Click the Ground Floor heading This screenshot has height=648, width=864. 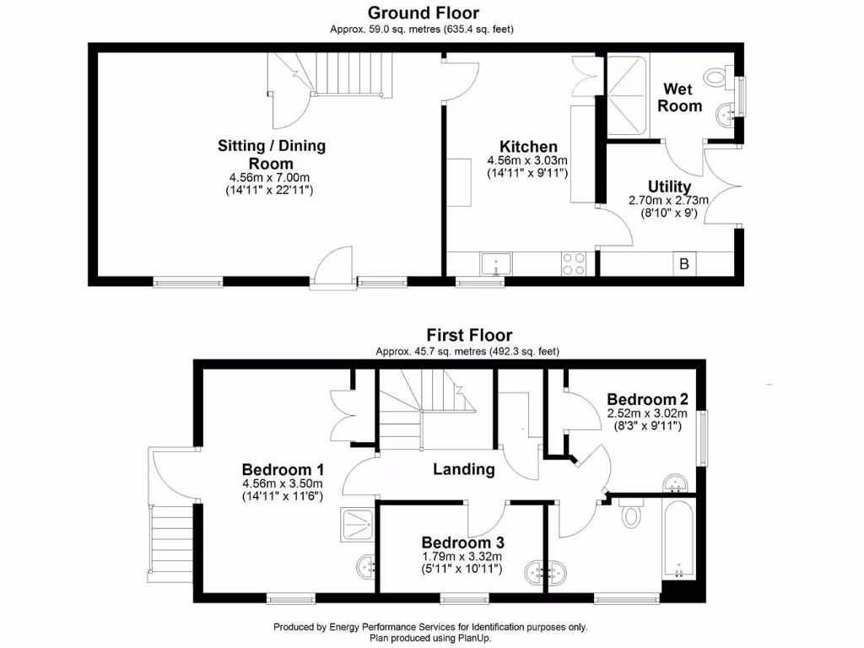tap(423, 13)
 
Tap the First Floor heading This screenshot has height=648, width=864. tap(469, 335)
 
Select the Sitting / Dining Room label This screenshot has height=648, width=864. tap(272, 154)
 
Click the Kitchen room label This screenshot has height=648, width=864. tap(528, 147)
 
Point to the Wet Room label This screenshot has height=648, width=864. tap(680, 97)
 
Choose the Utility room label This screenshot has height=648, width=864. tap(670, 186)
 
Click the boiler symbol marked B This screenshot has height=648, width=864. tap(685, 264)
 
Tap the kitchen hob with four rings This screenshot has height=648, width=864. tap(575, 264)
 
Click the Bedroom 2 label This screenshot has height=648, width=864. tap(647, 399)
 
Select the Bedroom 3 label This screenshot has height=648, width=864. tap(462, 542)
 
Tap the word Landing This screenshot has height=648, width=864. tap(464, 469)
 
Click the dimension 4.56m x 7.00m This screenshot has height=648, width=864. tap(272, 177)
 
